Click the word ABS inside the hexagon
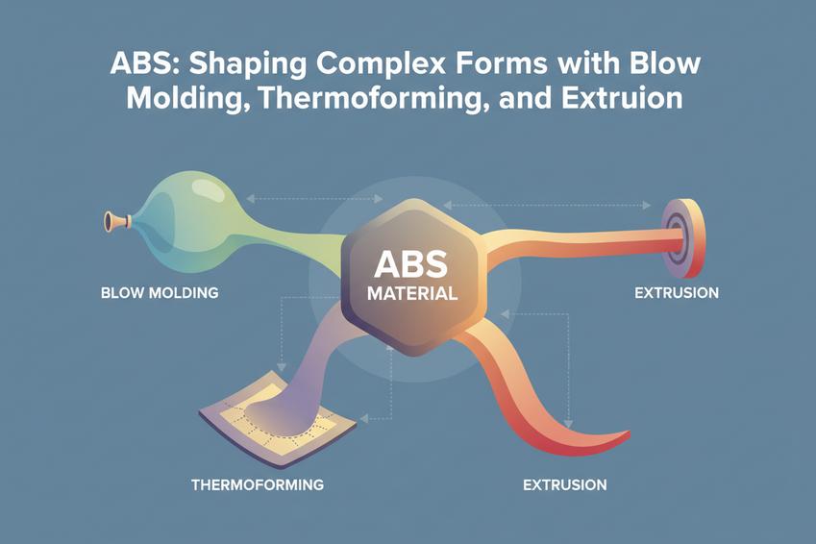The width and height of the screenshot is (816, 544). pyautogui.click(x=410, y=264)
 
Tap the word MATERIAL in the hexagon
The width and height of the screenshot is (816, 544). pyautogui.click(x=412, y=293)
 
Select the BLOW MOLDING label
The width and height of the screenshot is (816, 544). pyautogui.click(x=160, y=292)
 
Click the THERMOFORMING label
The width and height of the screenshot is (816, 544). pyautogui.click(x=258, y=484)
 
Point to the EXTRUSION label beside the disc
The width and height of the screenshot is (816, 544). pyautogui.click(x=677, y=292)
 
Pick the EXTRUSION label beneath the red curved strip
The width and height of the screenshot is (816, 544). pyautogui.click(x=564, y=484)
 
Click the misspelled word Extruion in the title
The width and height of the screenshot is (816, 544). pyautogui.click(x=622, y=97)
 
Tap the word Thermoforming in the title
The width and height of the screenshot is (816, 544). pyautogui.click(x=369, y=99)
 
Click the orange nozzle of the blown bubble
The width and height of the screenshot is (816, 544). pyautogui.click(x=116, y=221)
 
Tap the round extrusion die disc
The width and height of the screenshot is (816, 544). pyautogui.click(x=684, y=239)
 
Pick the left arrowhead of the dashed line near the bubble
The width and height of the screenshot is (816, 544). pyautogui.click(x=251, y=198)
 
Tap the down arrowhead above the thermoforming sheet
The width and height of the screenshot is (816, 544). pyautogui.click(x=282, y=366)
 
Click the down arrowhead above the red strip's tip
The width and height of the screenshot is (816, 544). pyautogui.click(x=568, y=424)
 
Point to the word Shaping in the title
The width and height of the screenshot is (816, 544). pyautogui.click(x=247, y=64)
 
